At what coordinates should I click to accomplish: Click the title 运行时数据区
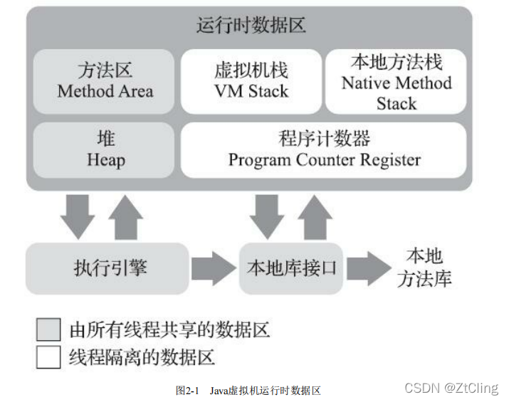click(x=251, y=26)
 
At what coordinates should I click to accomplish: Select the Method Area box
click(x=105, y=81)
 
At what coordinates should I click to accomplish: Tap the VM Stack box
click(x=251, y=81)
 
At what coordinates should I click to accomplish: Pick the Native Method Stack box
click(x=396, y=81)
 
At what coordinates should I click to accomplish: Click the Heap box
click(x=105, y=149)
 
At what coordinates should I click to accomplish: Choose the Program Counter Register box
click(x=324, y=149)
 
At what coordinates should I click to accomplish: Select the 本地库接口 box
click(x=291, y=268)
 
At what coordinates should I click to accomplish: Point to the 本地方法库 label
click(x=424, y=267)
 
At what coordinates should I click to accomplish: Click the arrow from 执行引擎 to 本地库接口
click(x=214, y=268)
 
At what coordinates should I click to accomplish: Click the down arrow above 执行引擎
click(x=76, y=216)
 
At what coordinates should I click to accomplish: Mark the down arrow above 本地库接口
click(x=266, y=216)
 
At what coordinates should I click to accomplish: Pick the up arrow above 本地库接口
click(x=314, y=216)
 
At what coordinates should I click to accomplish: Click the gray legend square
click(x=48, y=329)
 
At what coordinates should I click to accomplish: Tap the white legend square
click(x=48, y=356)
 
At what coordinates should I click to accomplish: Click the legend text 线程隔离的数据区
click(x=142, y=356)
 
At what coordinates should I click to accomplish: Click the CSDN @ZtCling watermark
click(x=451, y=388)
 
